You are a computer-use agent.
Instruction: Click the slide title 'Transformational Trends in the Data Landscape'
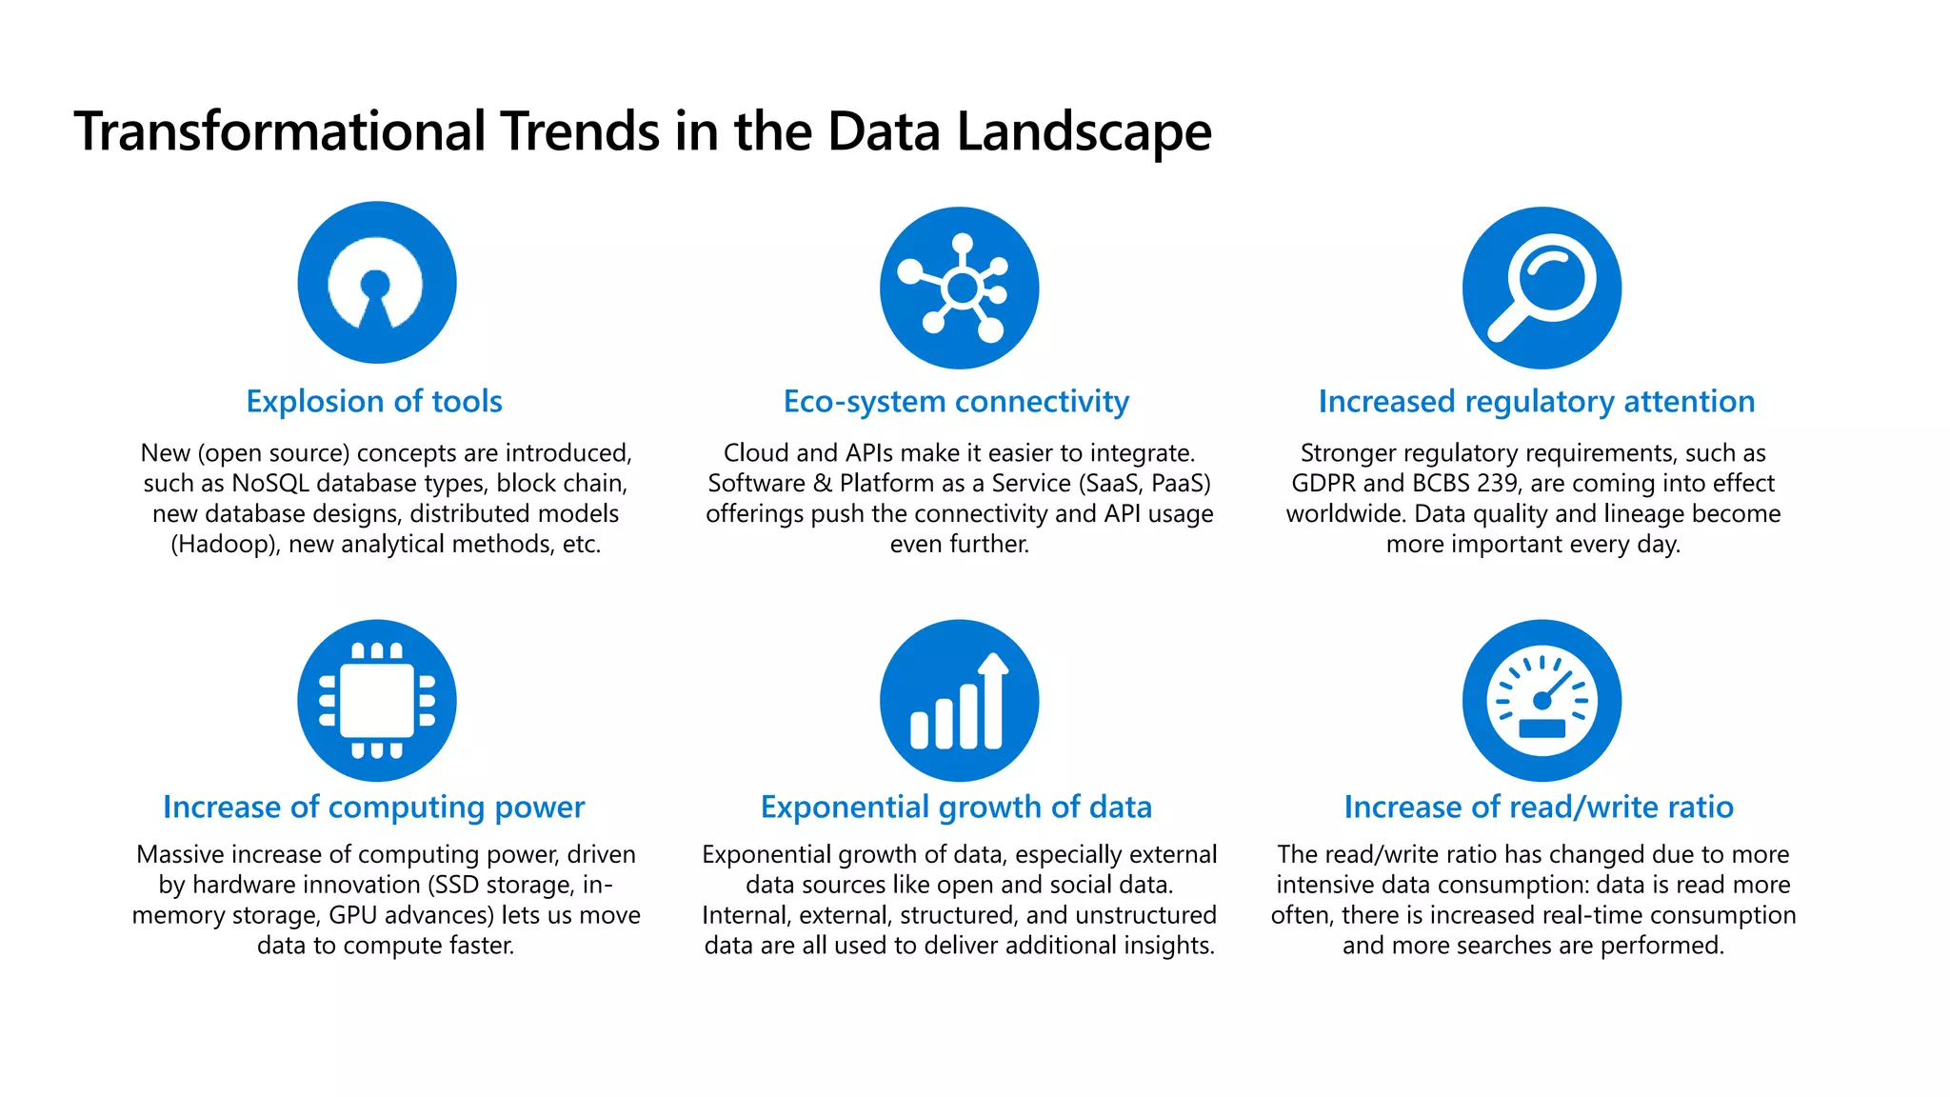tap(643, 131)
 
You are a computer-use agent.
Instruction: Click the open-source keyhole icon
tap(377, 283)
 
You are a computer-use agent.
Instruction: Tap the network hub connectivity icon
tap(960, 288)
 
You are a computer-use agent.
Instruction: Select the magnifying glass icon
tap(1542, 288)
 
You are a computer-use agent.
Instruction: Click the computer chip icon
tap(377, 701)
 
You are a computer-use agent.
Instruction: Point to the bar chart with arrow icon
tap(960, 701)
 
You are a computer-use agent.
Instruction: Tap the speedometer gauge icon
tap(1542, 701)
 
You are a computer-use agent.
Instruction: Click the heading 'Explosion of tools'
tap(374, 402)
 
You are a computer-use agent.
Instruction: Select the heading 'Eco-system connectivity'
tap(956, 402)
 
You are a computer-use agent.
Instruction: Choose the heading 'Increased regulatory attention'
tap(1536, 402)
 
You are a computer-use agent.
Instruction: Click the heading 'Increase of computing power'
tap(373, 808)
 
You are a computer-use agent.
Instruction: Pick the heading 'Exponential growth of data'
tap(956, 808)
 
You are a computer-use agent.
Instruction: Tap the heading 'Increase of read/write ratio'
tap(1539, 808)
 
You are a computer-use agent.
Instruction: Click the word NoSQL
tap(270, 484)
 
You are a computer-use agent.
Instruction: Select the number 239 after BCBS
tap(1497, 484)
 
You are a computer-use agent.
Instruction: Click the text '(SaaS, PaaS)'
tap(1144, 484)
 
